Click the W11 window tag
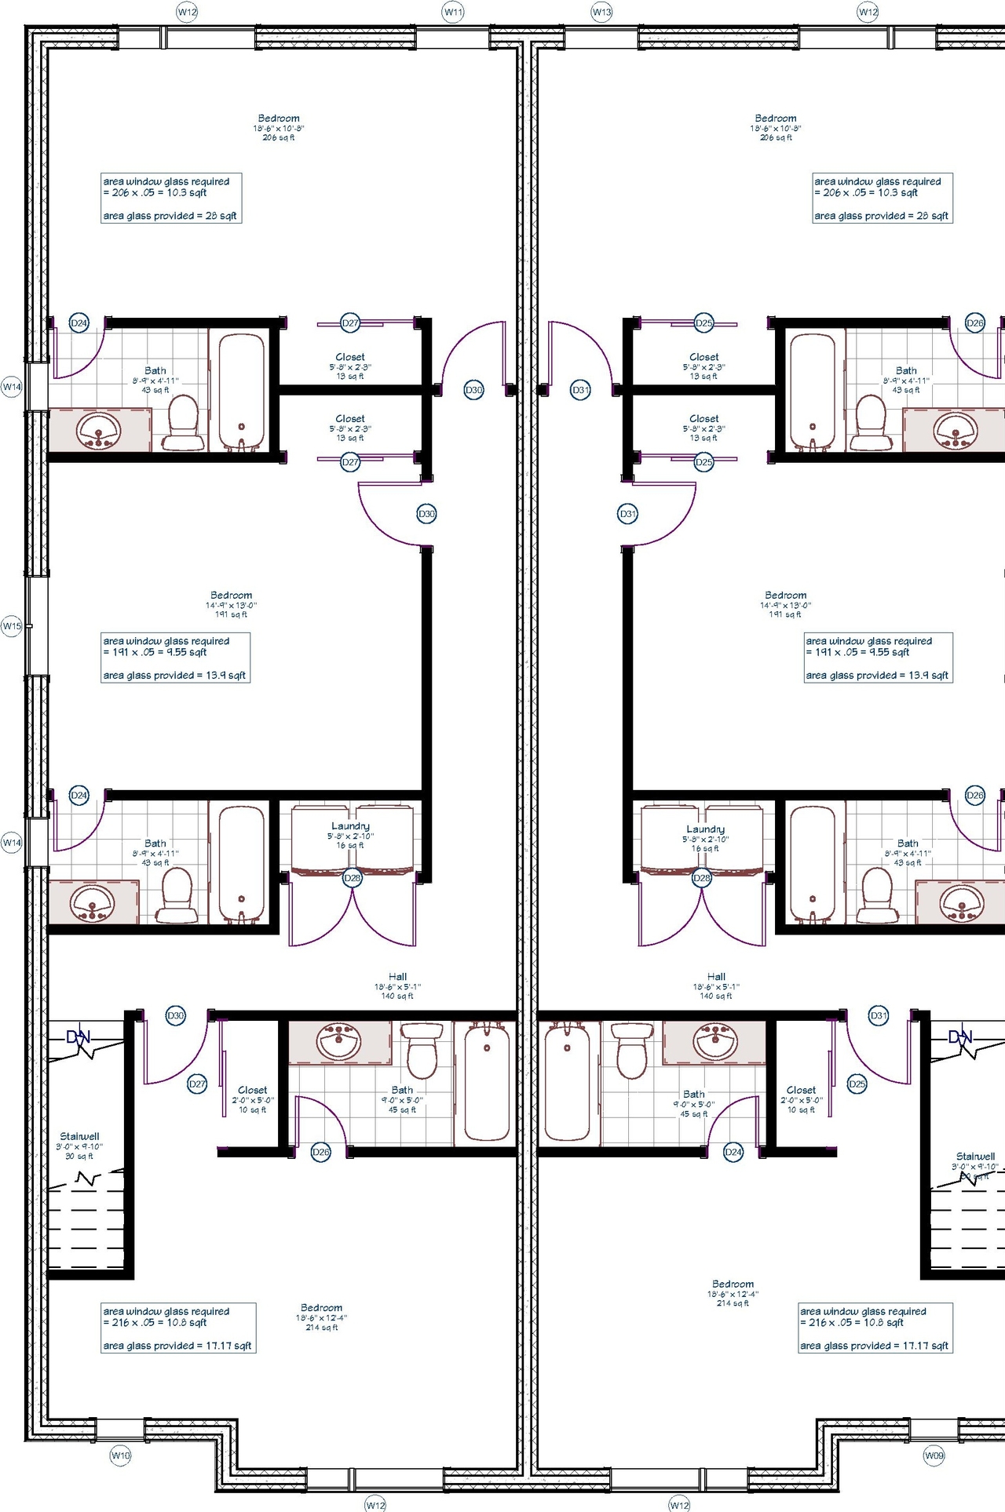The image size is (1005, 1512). coord(453,12)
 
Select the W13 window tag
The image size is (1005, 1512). coord(601,12)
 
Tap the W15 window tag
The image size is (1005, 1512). coord(11,626)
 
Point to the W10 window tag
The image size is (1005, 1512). coord(120,1456)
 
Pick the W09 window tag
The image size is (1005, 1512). coord(934,1456)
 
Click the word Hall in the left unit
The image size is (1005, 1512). coord(397,977)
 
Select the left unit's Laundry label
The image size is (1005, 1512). coord(350,826)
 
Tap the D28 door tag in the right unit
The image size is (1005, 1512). coord(701,878)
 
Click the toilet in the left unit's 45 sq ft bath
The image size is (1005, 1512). coord(422,1051)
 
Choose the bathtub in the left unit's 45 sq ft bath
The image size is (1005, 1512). coord(486,1083)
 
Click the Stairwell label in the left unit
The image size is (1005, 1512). coord(79,1136)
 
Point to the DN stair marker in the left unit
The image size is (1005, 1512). coord(79,1037)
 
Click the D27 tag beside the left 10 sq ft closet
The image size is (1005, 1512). coord(197,1084)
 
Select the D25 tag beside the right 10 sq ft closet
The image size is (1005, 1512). coord(857,1084)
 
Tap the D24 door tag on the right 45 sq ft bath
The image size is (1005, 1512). coord(733,1152)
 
